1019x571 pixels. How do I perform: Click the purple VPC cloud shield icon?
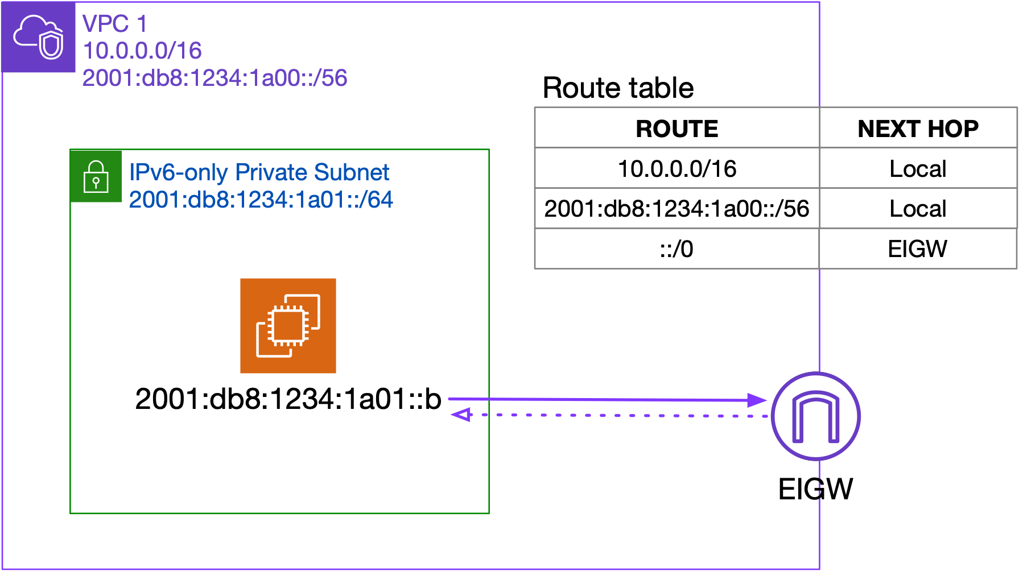tap(38, 37)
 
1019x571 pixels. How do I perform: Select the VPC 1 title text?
tap(114, 24)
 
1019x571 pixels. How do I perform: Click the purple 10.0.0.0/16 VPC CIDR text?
tap(142, 51)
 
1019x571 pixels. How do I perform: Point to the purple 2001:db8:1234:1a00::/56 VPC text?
tap(214, 78)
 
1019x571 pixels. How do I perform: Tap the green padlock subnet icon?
tap(96, 176)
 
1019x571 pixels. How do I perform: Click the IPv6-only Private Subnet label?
tap(259, 172)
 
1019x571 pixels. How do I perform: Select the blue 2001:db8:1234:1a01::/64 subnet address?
tap(261, 200)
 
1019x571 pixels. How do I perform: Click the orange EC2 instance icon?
tap(288, 326)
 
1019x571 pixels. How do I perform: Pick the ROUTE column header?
tap(676, 129)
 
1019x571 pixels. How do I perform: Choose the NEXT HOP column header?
tap(918, 129)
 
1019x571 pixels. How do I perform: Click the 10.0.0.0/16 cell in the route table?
tap(676, 169)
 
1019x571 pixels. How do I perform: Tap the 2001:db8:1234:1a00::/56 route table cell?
tap(676, 209)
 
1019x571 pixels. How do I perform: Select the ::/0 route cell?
tap(676, 249)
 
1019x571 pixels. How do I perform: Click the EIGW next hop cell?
tap(918, 249)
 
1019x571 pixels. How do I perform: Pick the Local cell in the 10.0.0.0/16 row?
tap(918, 169)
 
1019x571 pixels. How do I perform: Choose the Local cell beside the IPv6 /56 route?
tap(918, 209)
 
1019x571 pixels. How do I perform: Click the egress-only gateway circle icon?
tap(816, 416)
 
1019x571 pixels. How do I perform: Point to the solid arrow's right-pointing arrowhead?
tap(757, 400)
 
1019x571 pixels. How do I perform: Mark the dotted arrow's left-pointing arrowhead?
tap(461, 415)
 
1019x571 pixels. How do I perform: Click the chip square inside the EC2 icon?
tap(289, 325)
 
